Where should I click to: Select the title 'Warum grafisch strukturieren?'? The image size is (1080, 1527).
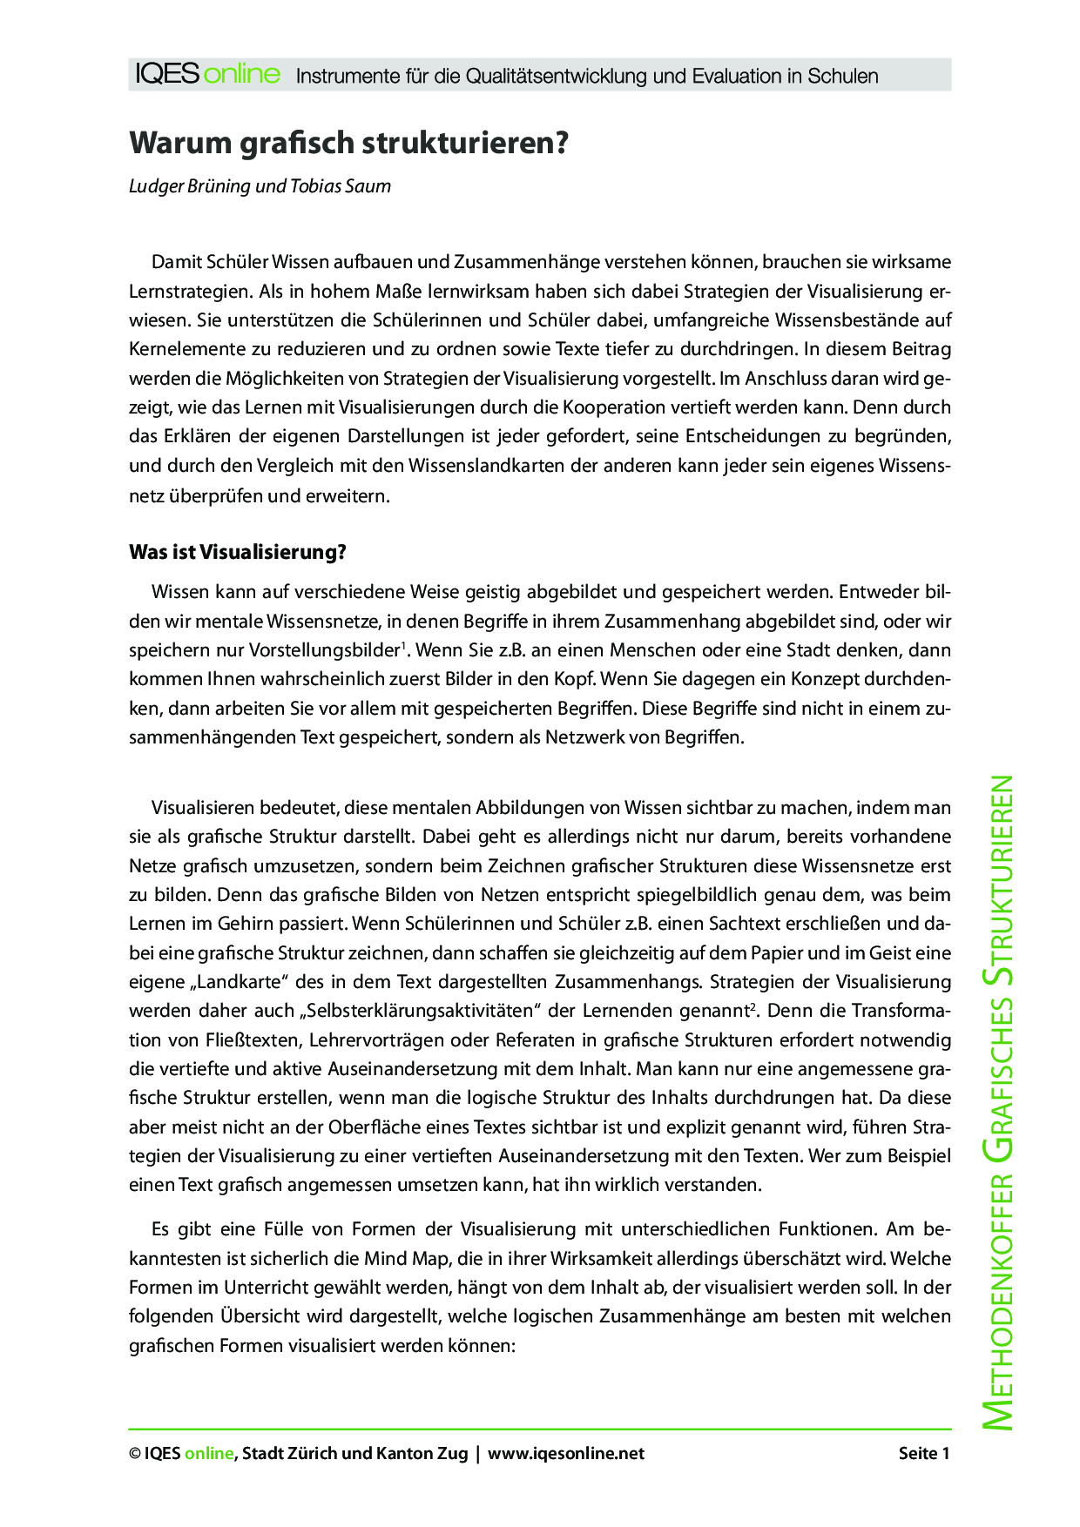tap(348, 143)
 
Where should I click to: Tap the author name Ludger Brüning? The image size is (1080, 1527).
tap(190, 186)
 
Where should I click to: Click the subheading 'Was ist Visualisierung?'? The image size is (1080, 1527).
tap(238, 552)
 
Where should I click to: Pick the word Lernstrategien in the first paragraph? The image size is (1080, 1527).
tap(182, 292)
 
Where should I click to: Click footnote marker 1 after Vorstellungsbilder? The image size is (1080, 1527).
tap(402, 645)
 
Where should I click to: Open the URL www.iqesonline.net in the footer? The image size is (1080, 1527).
tap(566, 1453)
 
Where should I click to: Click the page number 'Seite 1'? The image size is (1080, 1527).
tap(923, 1453)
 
